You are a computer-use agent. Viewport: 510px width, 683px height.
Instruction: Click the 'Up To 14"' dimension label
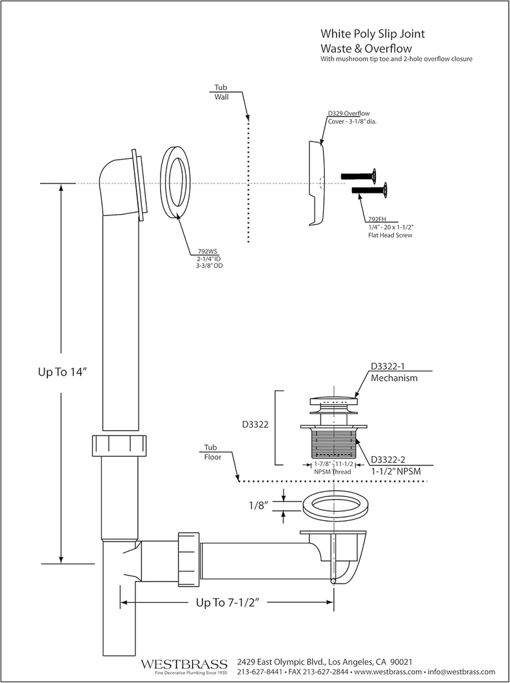[63, 373]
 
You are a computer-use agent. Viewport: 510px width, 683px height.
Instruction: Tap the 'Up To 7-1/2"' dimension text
[227, 602]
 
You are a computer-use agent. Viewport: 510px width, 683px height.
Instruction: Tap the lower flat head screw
[370, 191]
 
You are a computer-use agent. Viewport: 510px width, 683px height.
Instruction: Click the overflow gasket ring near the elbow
[175, 182]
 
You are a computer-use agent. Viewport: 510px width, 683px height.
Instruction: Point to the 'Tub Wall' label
[221, 92]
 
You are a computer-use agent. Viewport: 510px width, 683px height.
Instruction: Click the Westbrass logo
[184, 665]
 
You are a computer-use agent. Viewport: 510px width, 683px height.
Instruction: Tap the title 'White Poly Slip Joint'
[372, 33]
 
